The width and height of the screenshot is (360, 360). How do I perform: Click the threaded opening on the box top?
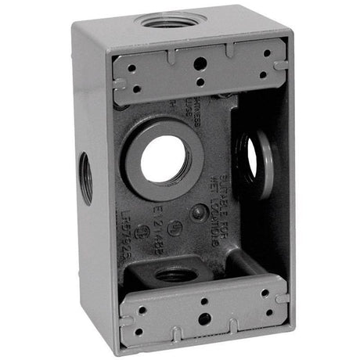pos(170,19)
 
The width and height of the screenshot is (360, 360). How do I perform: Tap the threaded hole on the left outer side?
pos(85,178)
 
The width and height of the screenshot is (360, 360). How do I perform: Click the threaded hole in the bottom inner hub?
pos(175,275)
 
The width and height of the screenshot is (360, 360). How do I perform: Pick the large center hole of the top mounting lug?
pos(200,64)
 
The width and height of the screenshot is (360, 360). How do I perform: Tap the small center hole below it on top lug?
pos(200,81)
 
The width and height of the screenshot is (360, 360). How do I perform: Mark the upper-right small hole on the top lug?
pos(267,53)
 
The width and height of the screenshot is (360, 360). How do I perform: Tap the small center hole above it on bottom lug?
pos(202,300)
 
